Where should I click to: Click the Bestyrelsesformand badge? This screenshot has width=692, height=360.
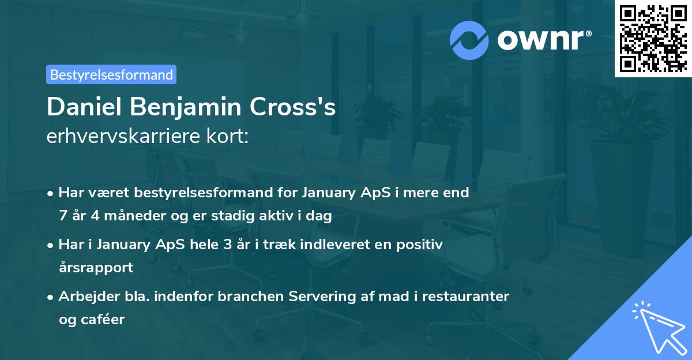(x=111, y=74)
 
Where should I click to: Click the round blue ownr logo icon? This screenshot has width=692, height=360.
(x=469, y=40)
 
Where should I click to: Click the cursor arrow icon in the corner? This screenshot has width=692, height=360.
(x=657, y=327)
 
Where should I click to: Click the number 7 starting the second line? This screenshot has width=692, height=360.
(x=62, y=216)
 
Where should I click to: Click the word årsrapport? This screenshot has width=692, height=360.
(x=96, y=268)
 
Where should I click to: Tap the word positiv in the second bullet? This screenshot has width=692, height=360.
(x=423, y=245)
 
